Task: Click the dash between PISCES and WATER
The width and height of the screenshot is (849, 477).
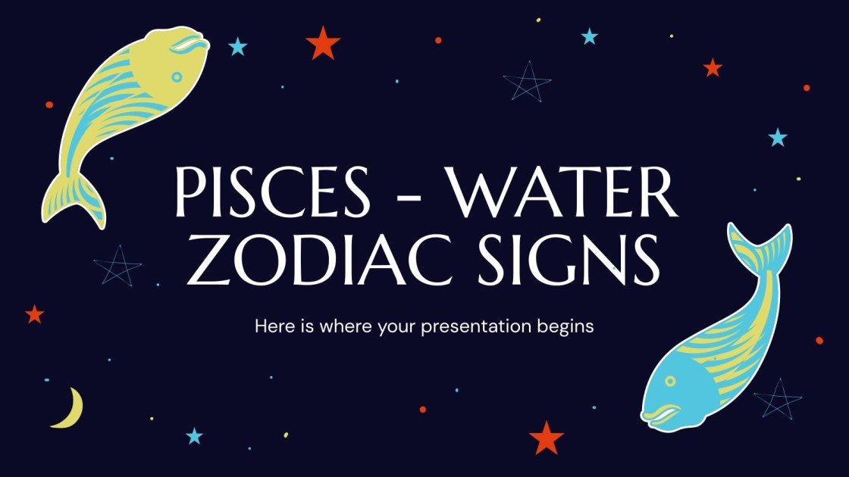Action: click(412, 195)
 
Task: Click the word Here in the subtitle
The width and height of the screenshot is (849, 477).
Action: click(271, 327)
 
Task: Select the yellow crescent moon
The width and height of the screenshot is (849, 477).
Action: click(68, 409)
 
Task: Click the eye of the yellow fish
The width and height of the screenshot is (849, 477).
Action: click(177, 76)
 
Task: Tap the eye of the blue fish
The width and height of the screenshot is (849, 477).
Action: click(670, 382)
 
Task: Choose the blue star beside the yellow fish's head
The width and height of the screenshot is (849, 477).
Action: click(238, 47)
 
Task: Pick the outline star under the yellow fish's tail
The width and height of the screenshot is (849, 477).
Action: click(117, 266)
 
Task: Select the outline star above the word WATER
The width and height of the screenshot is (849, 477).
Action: click(527, 81)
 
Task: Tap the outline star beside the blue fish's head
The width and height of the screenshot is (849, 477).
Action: click(778, 398)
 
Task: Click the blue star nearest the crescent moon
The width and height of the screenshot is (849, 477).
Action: click(195, 435)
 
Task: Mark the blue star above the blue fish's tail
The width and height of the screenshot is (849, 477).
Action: click(778, 138)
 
